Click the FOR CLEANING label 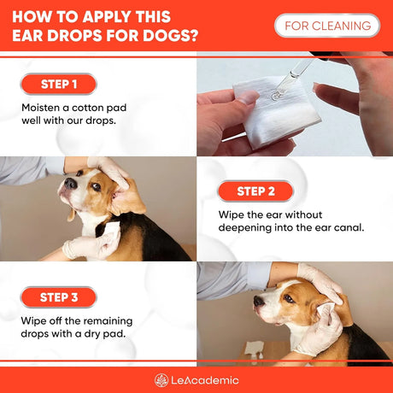pos(327,26)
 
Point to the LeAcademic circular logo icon pos(161,380)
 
